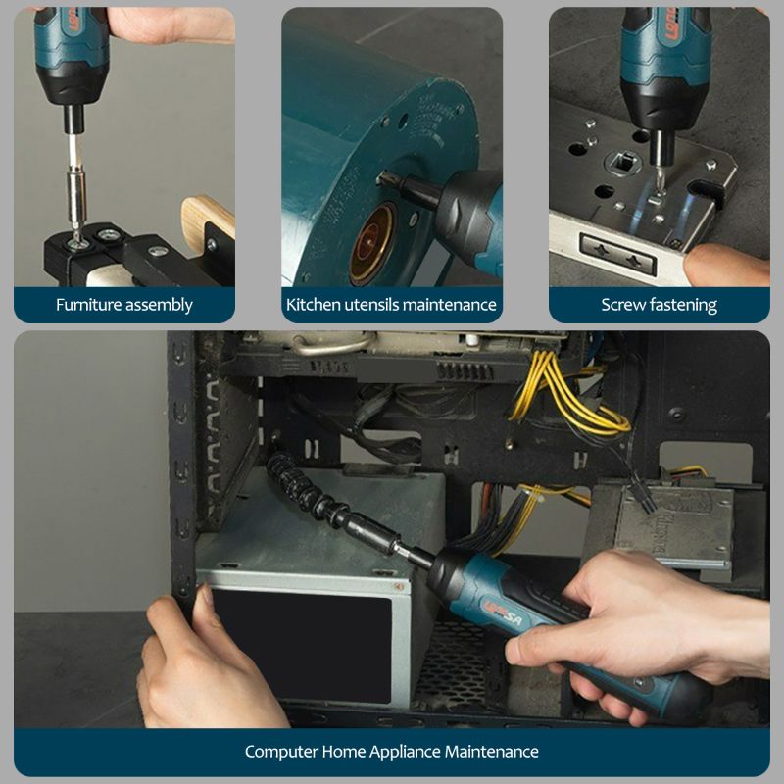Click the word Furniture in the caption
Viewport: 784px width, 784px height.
(x=88, y=305)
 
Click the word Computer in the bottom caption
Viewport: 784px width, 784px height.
(x=281, y=752)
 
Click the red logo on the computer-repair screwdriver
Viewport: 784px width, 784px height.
(x=502, y=613)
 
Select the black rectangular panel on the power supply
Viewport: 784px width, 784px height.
(x=302, y=646)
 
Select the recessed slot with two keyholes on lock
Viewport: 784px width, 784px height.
(x=618, y=254)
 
